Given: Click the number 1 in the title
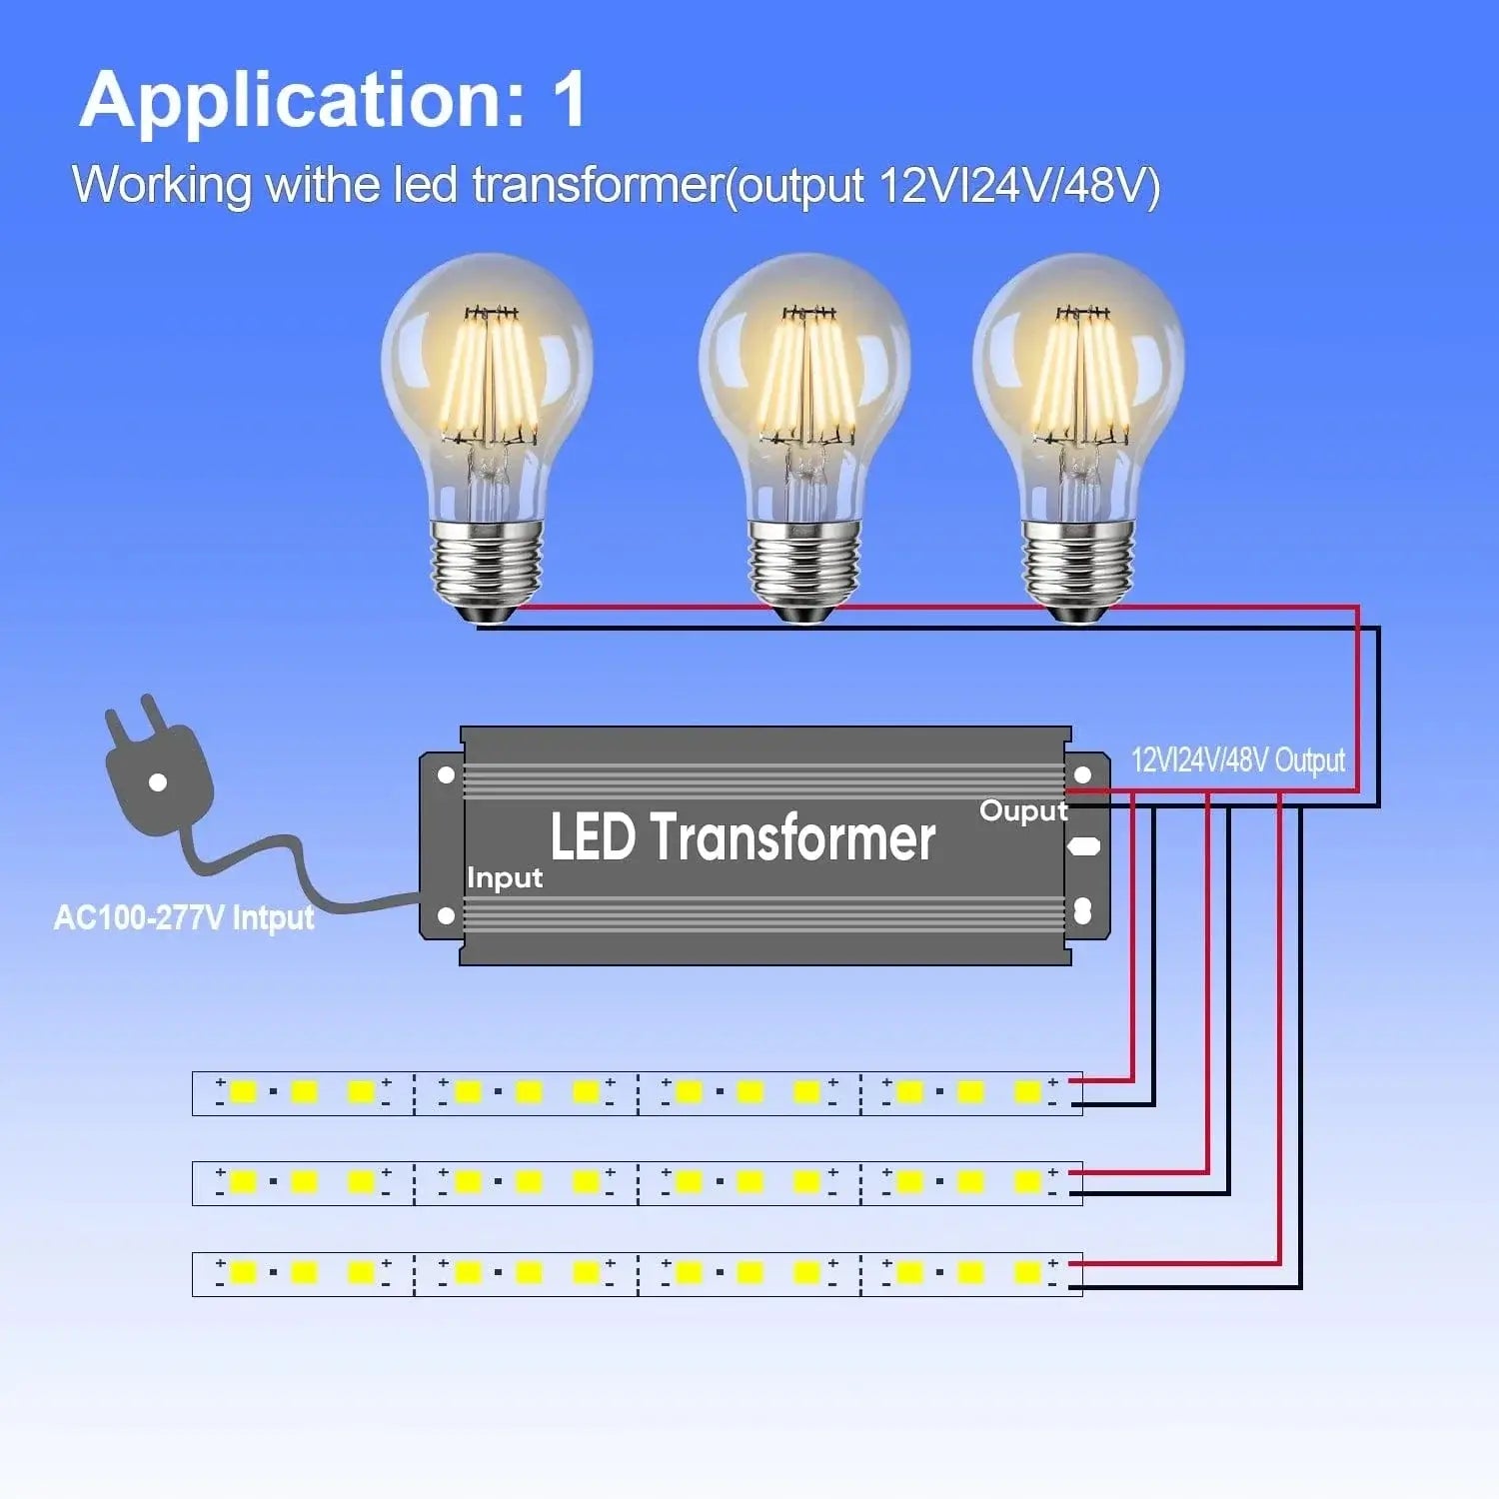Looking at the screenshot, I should (x=570, y=100).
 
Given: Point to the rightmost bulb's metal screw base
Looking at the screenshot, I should (x=1078, y=565).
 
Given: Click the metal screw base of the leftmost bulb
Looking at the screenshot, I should (x=487, y=565).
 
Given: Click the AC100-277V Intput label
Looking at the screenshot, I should (x=184, y=917).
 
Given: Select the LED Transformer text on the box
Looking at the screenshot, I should (x=743, y=837).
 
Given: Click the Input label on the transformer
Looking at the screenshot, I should (x=505, y=878).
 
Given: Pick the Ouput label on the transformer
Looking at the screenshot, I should (x=1023, y=810).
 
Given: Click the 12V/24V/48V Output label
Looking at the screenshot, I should (x=1237, y=760).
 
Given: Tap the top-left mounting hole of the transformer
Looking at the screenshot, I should (x=446, y=774).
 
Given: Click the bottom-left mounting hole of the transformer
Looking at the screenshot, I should (x=446, y=915).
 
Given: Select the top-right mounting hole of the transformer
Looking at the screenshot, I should (x=1082, y=774).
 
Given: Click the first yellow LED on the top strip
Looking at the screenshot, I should (x=243, y=1091).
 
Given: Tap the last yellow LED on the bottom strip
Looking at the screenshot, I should (x=1027, y=1273).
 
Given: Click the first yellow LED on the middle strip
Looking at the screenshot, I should (x=243, y=1182).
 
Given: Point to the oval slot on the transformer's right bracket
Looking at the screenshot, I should (x=1083, y=846).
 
